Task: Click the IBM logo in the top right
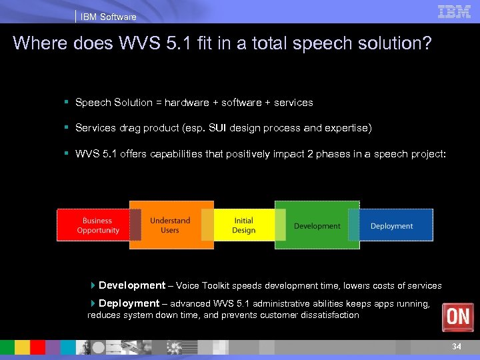tap(455, 11)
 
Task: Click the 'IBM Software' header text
tap(108, 17)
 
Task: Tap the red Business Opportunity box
tap(98, 225)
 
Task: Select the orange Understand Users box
tap(170, 225)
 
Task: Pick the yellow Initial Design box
tap(243, 225)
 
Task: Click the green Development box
tap(317, 226)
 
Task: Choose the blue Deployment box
tap(391, 226)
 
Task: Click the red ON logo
tap(458, 317)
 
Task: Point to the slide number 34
tap(457, 347)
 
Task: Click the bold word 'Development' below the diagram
tap(132, 285)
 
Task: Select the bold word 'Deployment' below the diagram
tap(129, 303)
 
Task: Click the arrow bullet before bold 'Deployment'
tap(93, 303)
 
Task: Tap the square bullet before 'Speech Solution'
tap(67, 103)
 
